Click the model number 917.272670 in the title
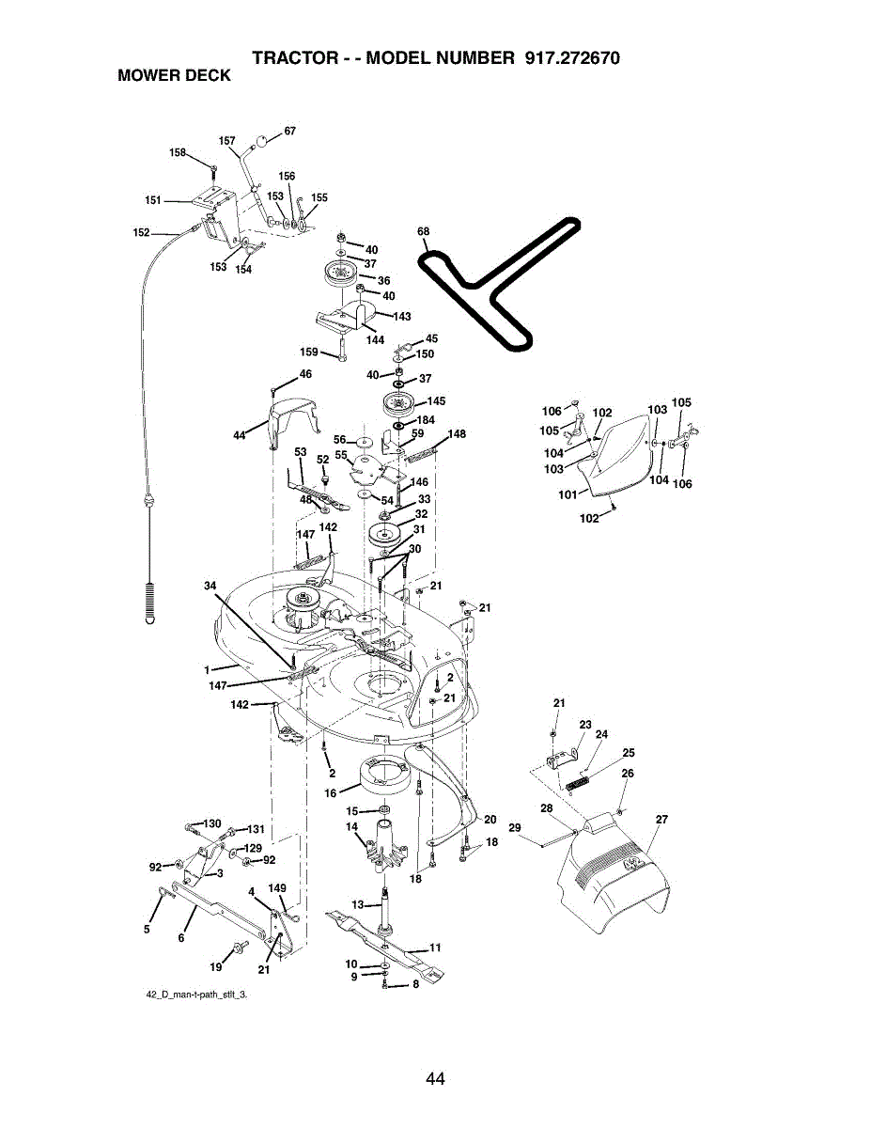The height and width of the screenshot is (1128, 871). [568, 57]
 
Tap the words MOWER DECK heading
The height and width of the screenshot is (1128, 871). [174, 76]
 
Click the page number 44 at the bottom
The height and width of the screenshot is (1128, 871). [434, 1078]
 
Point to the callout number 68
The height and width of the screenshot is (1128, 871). [423, 231]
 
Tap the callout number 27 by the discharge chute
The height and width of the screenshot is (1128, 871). [661, 820]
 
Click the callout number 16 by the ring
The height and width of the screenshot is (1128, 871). [330, 793]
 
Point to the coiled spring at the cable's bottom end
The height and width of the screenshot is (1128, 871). [150, 601]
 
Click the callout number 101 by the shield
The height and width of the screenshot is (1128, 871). [568, 493]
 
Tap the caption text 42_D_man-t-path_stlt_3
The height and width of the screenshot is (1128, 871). [195, 994]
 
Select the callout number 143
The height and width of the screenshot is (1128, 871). [401, 316]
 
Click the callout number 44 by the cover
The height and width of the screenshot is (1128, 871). [239, 434]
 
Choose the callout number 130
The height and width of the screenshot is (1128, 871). [211, 823]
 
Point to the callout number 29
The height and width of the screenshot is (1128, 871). [515, 827]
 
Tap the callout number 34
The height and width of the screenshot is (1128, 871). [210, 586]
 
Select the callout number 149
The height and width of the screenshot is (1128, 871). [277, 887]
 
